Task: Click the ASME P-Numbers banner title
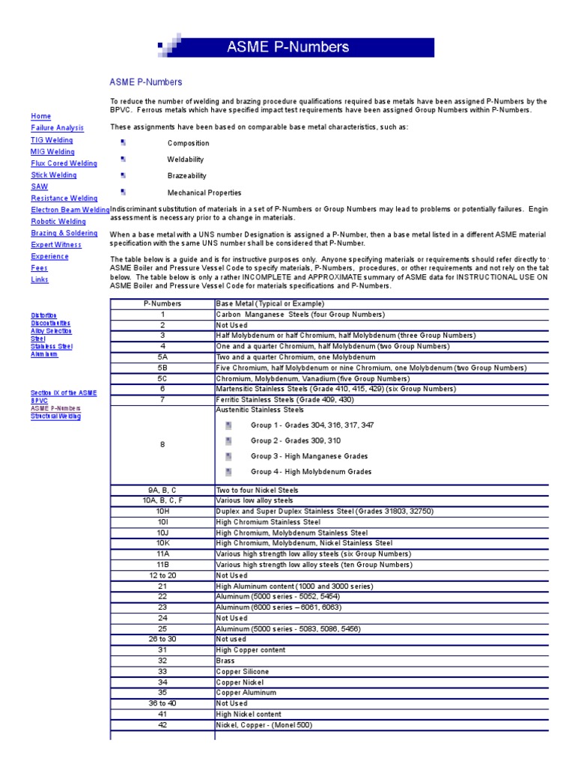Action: point(288,47)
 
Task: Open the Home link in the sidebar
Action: point(41,116)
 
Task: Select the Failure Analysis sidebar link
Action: point(57,128)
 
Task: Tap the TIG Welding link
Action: point(52,140)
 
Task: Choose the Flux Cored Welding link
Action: point(64,163)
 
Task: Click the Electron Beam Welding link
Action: point(70,210)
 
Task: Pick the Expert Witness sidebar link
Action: point(56,245)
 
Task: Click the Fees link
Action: point(40,267)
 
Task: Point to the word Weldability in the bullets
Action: point(186,160)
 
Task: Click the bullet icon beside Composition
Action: point(123,142)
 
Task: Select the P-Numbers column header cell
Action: point(162,303)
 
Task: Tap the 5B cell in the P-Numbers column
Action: point(162,368)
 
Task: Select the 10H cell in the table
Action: point(162,511)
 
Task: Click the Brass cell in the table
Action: point(226,661)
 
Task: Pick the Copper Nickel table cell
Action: point(239,682)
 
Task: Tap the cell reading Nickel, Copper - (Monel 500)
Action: point(264,725)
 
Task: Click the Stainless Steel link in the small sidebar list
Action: point(52,346)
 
